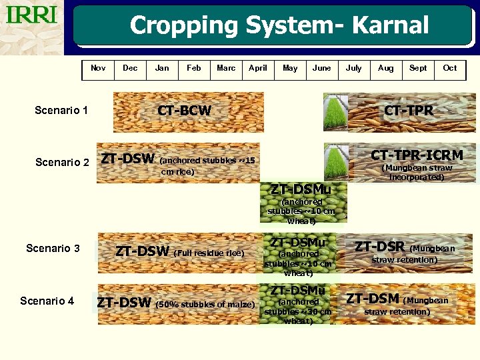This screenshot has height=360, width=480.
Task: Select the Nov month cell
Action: [x=98, y=68]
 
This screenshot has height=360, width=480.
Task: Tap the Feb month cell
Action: [x=194, y=68]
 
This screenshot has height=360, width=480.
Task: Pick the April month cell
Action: [x=258, y=68]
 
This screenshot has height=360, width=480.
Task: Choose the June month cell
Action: [x=322, y=68]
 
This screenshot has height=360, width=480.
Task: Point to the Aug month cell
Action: [x=386, y=68]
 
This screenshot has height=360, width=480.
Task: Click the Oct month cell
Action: [x=450, y=68]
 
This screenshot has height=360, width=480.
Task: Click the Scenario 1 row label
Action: [x=61, y=110]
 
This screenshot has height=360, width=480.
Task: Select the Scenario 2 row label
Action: [x=62, y=162]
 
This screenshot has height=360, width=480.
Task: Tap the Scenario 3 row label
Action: [x=53, y=248]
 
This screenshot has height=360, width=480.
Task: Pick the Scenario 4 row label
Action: [x=47, y=301]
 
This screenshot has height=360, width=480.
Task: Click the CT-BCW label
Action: [x=184, y=111]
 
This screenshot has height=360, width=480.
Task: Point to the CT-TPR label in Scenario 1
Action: [x=409, y=110]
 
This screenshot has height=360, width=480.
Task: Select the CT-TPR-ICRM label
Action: [x=417, y=155]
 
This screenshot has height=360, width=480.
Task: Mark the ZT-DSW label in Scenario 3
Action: [x=143, y=251]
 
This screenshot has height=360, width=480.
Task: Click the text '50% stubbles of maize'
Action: [x=205, y=305]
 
